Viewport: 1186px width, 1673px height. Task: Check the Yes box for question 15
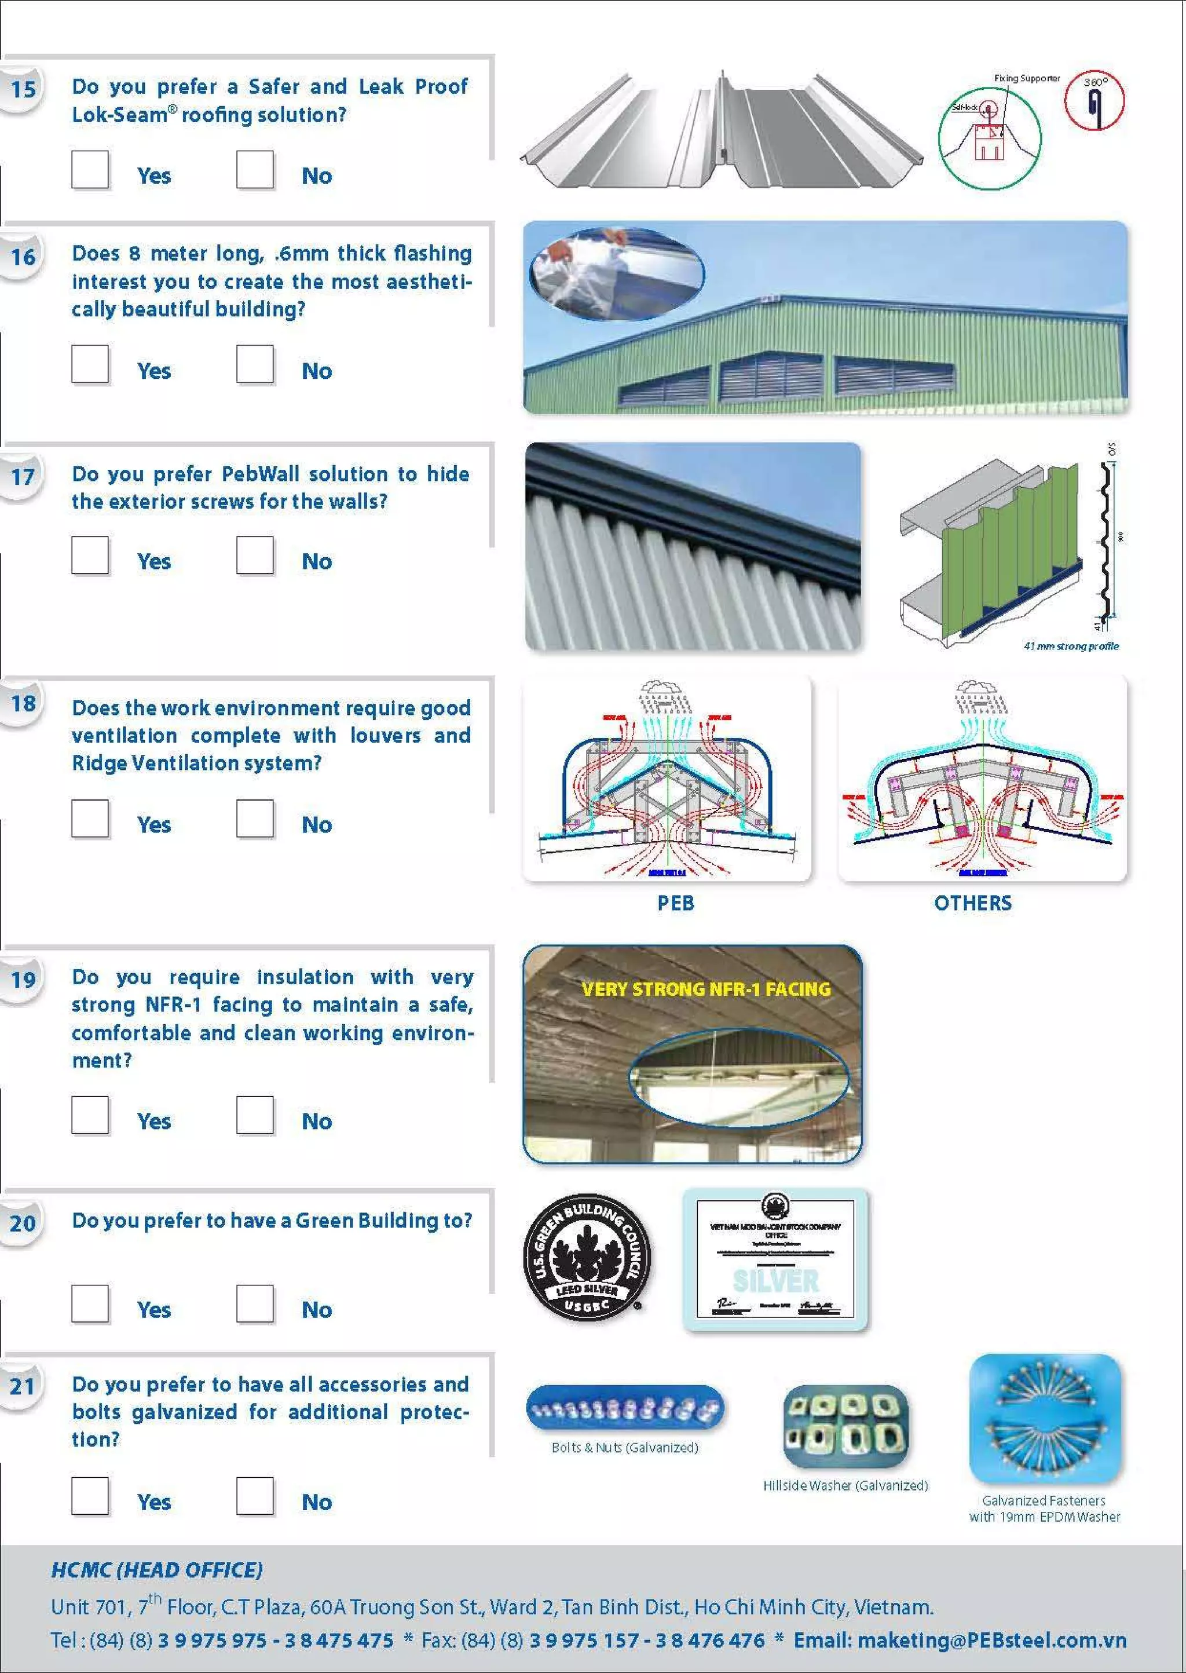pos(90,170)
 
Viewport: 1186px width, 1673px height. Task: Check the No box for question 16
pos(255,364)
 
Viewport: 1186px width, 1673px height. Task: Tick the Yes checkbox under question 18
pos(90,817)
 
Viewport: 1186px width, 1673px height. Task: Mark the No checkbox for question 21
pos(255,1496)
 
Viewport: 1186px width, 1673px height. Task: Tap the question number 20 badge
pos(23,1223)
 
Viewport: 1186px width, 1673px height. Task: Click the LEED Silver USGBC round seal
pos(587,1259)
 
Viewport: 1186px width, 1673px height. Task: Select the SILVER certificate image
pos(775,1259)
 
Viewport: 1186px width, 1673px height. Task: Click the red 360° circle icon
pos(1093,100)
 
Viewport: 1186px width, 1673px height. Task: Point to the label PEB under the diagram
pos(676,903)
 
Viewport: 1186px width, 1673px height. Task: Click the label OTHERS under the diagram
pos(973,903)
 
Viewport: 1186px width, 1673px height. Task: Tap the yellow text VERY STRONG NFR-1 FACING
pos(706,989)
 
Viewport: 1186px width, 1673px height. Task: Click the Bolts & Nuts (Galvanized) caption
pos(624,1447)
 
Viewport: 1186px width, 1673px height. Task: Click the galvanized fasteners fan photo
pos(1044,1418)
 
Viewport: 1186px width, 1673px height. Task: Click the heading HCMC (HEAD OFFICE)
pos(156,1570)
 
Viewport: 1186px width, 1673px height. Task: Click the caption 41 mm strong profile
pos(1071,646)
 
